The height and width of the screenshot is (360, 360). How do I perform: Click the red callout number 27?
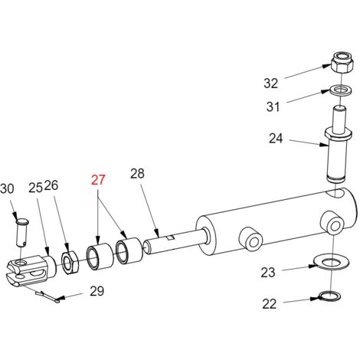pyautogui.click(x=98, y=180)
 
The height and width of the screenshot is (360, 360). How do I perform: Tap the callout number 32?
pyautogui.click(x=270, y=83)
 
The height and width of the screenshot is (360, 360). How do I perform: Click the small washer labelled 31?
pyautogui.click(x=341, y=90)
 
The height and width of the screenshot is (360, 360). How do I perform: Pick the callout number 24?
pyautogui.click(x=276, y=139)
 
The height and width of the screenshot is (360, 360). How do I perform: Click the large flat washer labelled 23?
pyautogui.click(x=332, y=262)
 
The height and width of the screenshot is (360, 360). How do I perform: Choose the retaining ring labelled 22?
pyautogui.click(x=330, y=296)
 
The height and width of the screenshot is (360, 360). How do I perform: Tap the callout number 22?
pyautogui.click(x=269, y=304)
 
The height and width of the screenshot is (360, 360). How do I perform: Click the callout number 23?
pyautogui.click(x=268, y=272)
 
